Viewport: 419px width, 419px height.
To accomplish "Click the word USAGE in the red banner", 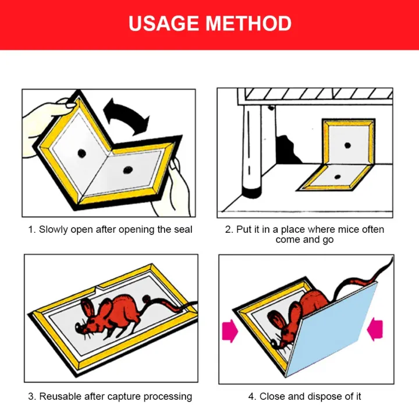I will pyautogui.click(x=164, y=24).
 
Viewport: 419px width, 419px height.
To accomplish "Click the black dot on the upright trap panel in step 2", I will pyautogui.click(x=346, y=144).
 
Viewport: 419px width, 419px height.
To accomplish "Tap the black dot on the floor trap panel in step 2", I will pyautogui.click(x=337, y=176).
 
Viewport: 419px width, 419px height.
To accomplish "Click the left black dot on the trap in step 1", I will pyautogui.click(x=81, y=152).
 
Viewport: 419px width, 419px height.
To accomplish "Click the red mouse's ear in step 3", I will pyautogui.click(x=87, y=308).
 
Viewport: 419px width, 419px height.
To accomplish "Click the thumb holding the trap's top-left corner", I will pyautogui.click(x=64, y=105).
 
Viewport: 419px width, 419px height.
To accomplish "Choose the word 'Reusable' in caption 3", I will pyautogui.click(x=60, y=396).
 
